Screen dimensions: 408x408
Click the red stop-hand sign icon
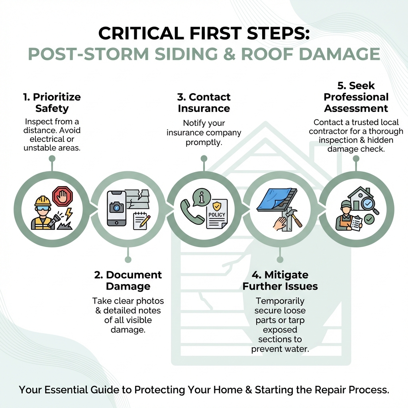(62, 196)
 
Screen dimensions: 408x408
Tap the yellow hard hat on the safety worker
(43, 200)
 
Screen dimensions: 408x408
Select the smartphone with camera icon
(117, 209)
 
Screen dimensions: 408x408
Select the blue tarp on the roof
(272, 199)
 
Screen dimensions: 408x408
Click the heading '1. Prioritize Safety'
(51, 103)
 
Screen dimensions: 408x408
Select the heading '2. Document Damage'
(128, 280)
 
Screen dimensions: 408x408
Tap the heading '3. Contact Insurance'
(204, 103)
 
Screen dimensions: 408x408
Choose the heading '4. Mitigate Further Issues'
(280, 280)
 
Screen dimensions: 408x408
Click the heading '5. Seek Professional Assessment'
(356, 97)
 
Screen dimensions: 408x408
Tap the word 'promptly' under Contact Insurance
(204, 142)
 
